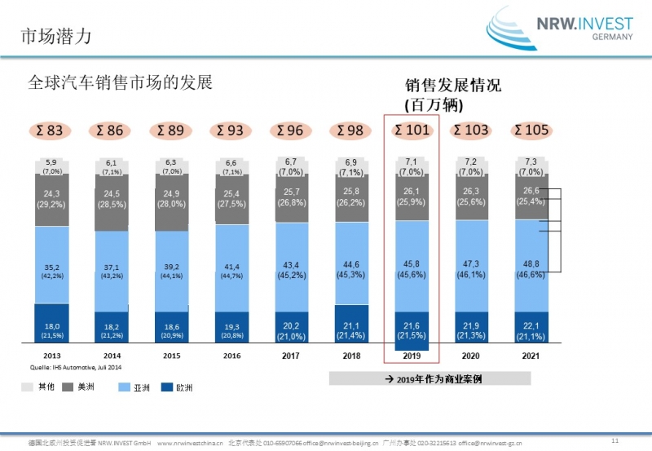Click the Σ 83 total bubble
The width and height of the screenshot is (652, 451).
coord(51,130)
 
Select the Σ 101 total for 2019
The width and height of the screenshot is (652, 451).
coord(411,130)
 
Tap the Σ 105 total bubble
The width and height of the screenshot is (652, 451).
coord(531,130)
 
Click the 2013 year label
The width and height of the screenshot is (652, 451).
coord(51,356)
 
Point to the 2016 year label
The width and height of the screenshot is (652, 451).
coord(231,356)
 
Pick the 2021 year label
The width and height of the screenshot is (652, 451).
coord(531,356)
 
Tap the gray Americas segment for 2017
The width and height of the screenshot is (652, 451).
coord(291,200)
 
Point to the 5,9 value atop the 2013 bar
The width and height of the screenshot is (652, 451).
coord(51,162)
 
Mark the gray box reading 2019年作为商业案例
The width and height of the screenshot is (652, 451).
coord(430,378)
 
